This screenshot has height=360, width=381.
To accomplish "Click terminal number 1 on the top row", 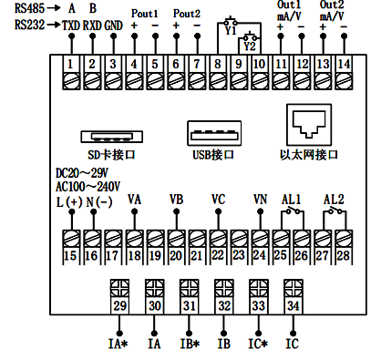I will coord(70,65).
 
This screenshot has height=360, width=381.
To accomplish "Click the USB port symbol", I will coord(212,133).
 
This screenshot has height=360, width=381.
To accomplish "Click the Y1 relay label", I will coord(230,30).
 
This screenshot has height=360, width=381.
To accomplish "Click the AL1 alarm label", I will coord(291,199).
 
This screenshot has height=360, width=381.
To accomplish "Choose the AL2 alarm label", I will coord(333,199).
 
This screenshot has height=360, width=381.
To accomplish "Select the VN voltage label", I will coord(259,199).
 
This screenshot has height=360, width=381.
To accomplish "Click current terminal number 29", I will coord(119,307).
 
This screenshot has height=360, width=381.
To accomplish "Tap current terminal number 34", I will coord(293,307).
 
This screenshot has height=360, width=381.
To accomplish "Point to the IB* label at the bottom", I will coord(190,345).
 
